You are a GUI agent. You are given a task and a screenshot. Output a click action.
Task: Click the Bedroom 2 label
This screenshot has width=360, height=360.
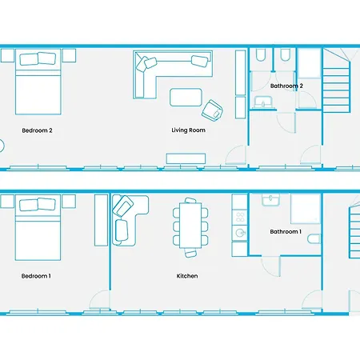tap(38, 130)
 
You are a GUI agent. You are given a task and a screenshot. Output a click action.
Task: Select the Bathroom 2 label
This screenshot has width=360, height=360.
tap(286, 85)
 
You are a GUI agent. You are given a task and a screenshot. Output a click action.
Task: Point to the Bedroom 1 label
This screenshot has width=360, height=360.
tap(36, 276)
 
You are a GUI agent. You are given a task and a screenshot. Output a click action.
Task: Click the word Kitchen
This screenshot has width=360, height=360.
tap(187, 276)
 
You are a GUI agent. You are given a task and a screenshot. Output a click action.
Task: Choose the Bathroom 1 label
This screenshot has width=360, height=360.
tap(286, 232)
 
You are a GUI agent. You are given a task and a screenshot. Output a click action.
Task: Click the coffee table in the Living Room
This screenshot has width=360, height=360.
tap(187, 97)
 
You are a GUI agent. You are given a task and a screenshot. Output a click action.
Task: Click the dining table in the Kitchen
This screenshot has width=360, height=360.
tap(190, 223)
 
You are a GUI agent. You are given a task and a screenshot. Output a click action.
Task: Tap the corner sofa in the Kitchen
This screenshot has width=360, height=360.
tap(128, 216)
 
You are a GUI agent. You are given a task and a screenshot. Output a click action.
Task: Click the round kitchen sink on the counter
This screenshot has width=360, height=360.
tap(239, 233)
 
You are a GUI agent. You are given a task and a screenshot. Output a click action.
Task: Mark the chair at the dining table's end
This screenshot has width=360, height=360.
tap(190, 253)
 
